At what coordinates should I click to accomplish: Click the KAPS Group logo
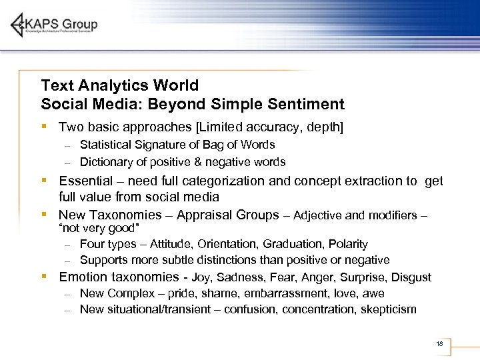pos(54,25)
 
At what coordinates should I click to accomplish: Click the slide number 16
pos(439,344)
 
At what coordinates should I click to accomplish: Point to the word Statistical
pos(109,145)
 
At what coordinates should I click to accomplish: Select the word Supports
pos(103,260)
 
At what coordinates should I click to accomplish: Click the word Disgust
pos(411,277)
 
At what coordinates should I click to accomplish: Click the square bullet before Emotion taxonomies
pos(43,277)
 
